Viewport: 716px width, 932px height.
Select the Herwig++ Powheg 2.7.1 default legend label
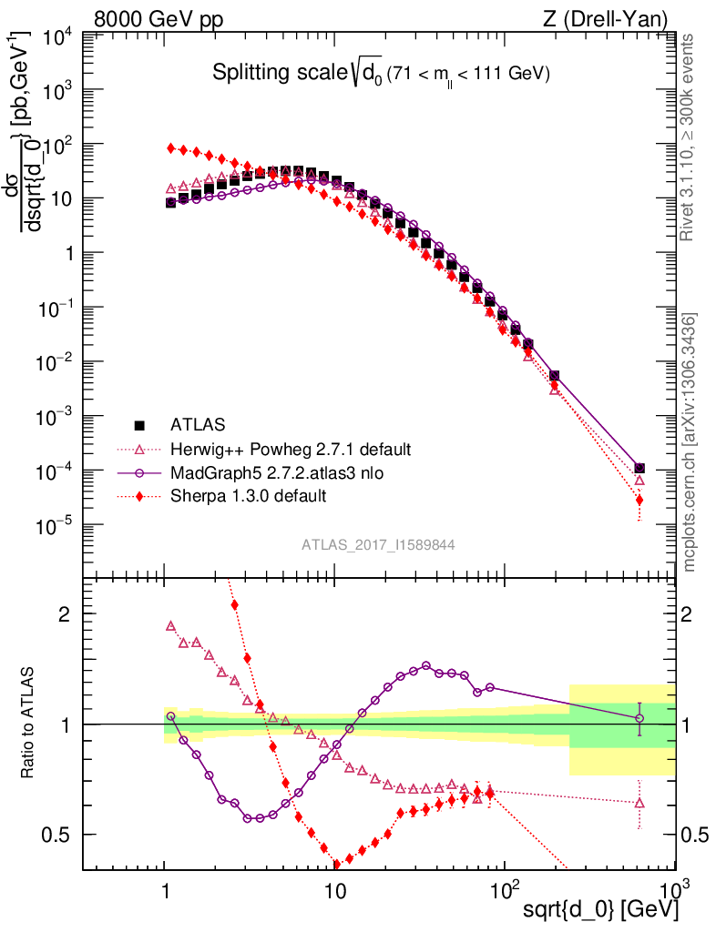pyautogui.click(x=291, y=450)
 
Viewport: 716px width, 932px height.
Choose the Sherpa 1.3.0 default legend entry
pyautogui.click(x=248, y=496)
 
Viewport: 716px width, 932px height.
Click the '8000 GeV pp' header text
pyautogui.click(x=159, y=18)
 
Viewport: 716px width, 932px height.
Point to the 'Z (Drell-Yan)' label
pyautogui.click(x=609, y=18)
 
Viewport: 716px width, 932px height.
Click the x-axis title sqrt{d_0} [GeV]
pyautogui.click(x=599, y=910)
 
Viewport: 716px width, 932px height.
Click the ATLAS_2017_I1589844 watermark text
pyautogui.click(x=378, y=545)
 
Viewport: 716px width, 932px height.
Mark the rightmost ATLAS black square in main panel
pyautogui.click(x=639, y=469)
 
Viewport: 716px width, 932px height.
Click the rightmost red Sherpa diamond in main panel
pyautogui.click(x=639, y=500)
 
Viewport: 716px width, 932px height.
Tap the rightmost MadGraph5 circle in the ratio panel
pyautogui.click(x=639, y=718)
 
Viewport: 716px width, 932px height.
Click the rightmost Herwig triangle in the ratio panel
pyautogui.click(x=639, y=803)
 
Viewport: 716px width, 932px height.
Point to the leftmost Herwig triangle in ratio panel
pyautogui.click(x=170, y=626)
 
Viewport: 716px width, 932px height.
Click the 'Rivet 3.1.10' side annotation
pyautogui.click(x=690, y=138)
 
